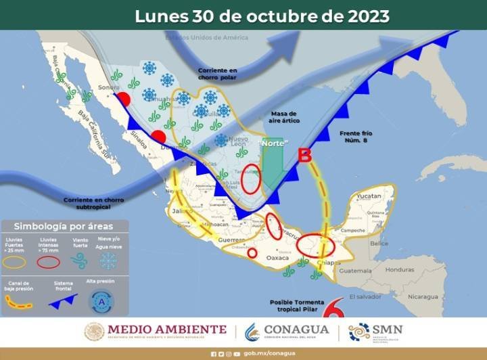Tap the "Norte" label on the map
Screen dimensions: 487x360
[274, 144]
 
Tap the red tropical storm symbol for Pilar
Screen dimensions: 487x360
[331, 311]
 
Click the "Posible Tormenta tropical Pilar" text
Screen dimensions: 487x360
[298, 306]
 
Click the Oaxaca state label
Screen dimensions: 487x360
[278, 258]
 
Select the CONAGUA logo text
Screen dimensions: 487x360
[296, 330]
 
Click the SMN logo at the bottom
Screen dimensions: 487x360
[376, 332]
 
